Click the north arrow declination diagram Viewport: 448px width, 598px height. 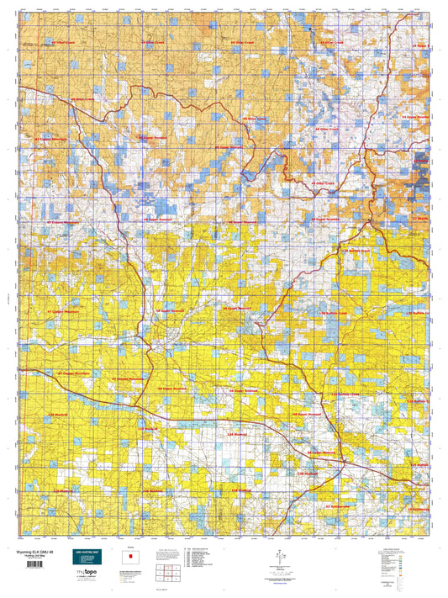275,556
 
